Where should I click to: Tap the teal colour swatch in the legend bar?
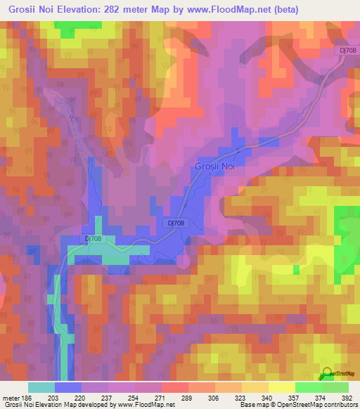[x=41, y=387]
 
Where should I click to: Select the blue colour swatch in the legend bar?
[x=68, y=387]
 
